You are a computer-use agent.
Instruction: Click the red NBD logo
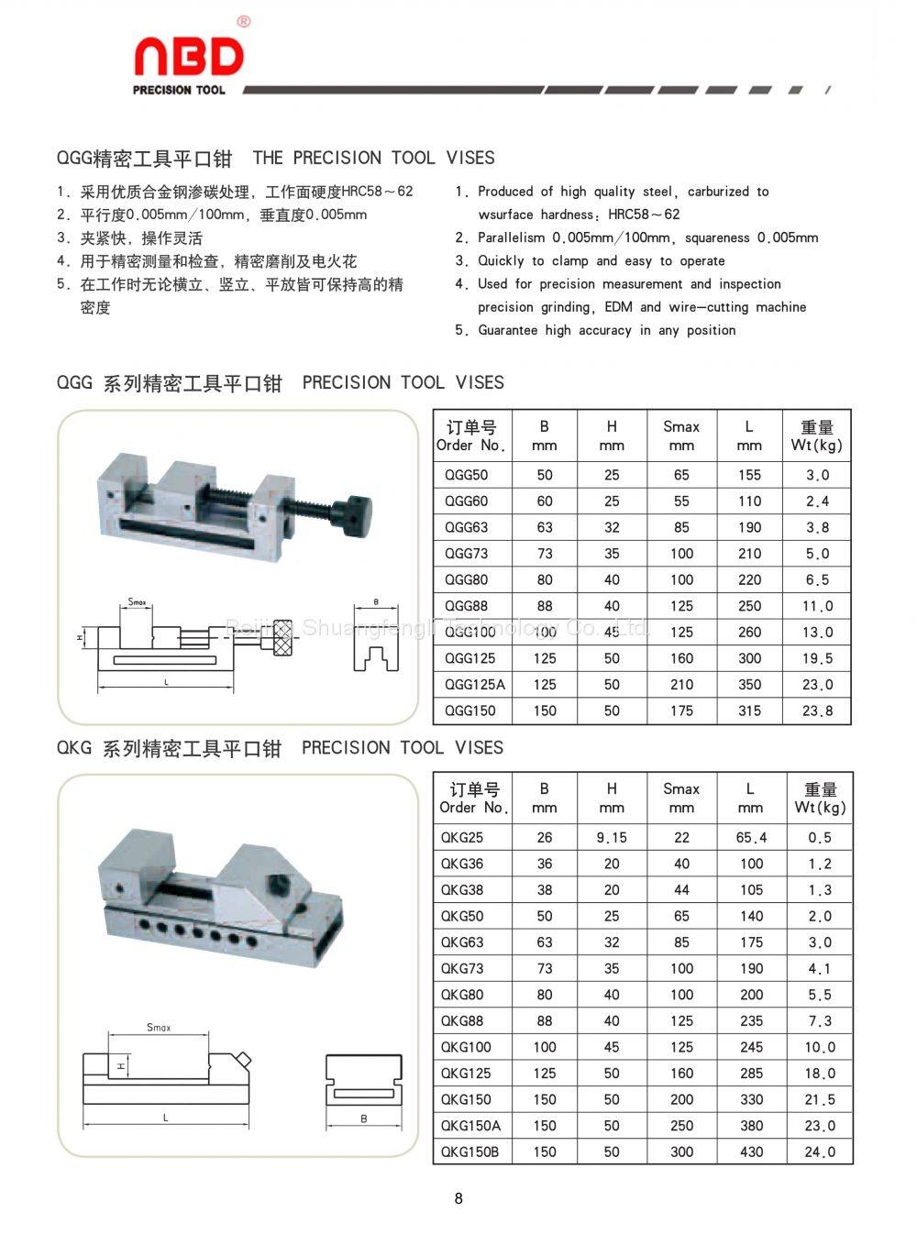pyautogui.click(x=189, y=58)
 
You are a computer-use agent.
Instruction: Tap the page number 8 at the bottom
pyautogui.click(x=458, y=1197)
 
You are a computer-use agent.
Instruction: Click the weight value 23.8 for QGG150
pyautogui.click(x=817, y=711)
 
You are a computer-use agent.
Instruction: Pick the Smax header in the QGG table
pyautogui.click(x=681, y=435)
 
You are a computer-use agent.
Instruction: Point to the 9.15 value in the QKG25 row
pyautogui.click(x=612, y=837)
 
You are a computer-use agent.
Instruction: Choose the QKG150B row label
pyautogui.click(x=470, y=1151)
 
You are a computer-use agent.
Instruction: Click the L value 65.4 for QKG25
pyautogui.click(x=751, y=837)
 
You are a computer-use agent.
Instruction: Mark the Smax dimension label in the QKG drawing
pyautogui.click(x=159, y=1027)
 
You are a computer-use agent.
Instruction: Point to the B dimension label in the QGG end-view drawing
pyautogui.click(x=376, y=602)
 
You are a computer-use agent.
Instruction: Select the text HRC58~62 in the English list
pyautogui.click(x=644, y=215)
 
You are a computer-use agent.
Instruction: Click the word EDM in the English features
pyautogui.click(x=618, y=307)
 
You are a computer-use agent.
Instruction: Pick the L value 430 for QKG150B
pyautogui.click(x=751, y=1151)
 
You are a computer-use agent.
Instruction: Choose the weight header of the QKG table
pyautogui.click(x=820, y=798)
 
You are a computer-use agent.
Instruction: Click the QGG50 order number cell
pyautogui.click(x=467, y=475)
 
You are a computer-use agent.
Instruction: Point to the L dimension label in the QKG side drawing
pyautogui.click(x=166, y=1118)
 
